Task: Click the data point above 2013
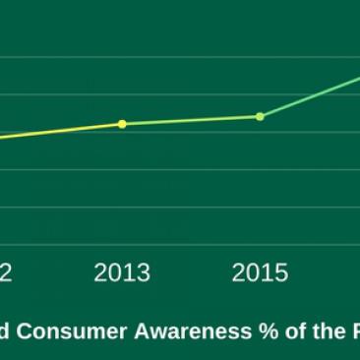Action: (x=122, y=124)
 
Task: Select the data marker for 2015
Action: (x=260, y=116)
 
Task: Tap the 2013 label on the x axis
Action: (x=122, y=272)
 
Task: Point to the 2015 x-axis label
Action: (x=260, y=272)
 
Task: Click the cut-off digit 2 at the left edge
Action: (x=6, y=272)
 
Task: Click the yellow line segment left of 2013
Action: (x=59, y=131)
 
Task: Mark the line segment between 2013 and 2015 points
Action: (x=191, y=120)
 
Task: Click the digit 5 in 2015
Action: (x=281, y=272)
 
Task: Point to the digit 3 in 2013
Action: (x=144, y=272)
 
